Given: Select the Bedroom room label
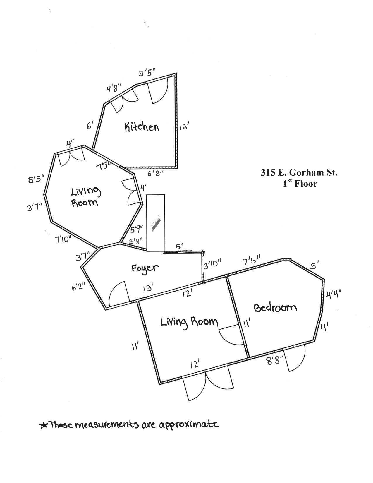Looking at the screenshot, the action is [x=275, y=308].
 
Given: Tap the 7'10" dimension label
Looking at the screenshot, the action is [x=63, y=239].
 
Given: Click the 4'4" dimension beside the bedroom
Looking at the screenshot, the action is [x=333, y=295].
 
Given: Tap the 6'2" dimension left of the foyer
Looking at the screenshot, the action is [x=78, y=287].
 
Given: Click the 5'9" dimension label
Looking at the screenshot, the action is [x=136, y=229].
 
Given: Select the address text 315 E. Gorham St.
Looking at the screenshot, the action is [x=299, y=173].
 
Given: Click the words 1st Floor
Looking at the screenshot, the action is [x=300, y=184].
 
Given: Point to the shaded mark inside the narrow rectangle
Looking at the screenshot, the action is [x=156, y=223].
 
